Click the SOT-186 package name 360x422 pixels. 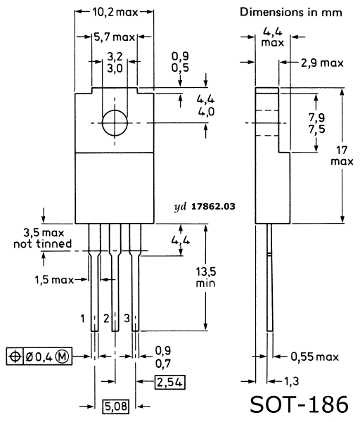(x=300, y=404)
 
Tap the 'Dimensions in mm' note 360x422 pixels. (x=291, y=13)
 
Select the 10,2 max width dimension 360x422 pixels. (x=115, y=12)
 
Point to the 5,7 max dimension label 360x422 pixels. (x=114, y=37)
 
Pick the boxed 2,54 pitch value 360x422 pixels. (x=170, y=382)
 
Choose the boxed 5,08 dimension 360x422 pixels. (x=116, y=407)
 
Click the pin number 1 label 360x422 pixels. (x=82, y=319)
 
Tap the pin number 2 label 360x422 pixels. (x=106, y=319)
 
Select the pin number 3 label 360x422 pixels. (x=127, y=319)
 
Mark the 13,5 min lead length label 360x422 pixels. (x=205, y=277)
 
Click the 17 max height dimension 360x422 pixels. (x=342, y=155)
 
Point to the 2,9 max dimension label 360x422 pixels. (x=322, y=63)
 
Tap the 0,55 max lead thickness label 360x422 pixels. (x=314, y=357)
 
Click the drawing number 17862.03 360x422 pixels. (x=213, y=206)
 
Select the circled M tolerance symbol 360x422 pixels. (x=62, y=357)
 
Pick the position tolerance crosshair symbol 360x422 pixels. (x=15, y=357)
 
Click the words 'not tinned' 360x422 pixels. (x=43, y=244)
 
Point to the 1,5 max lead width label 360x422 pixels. (x=54, y=280)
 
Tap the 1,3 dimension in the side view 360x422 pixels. (x=291, y=381)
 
